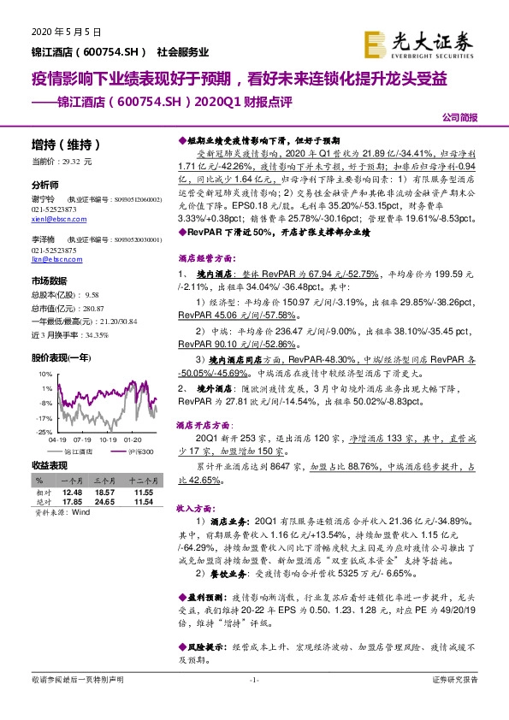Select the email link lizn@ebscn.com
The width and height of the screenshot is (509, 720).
51,257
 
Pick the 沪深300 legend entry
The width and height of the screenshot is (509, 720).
141,451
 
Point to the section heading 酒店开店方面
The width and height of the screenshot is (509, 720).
203,424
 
